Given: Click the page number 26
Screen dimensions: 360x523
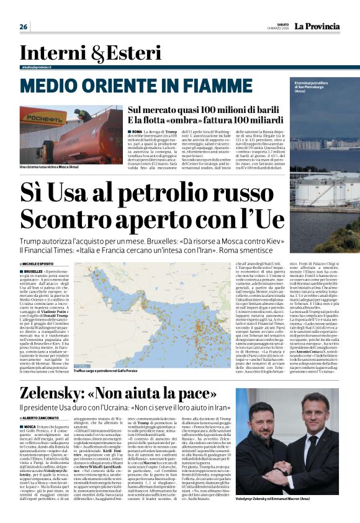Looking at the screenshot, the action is coord(24,27).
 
